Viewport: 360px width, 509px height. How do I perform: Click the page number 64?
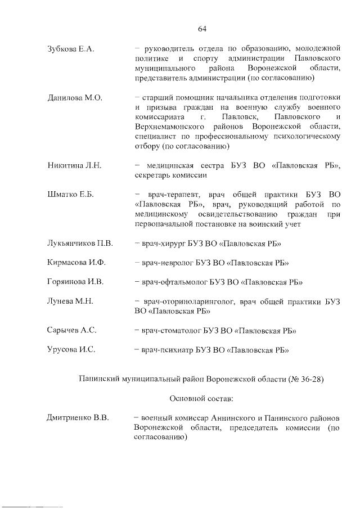[x=202, y=29]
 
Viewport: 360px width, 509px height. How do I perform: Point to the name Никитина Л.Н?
[x=74, y=165]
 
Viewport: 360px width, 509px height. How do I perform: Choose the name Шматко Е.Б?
[x=70, y=195]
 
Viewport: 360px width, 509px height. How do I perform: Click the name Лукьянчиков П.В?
[x=80, y=243]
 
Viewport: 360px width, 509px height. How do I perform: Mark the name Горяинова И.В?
[x=76, y=281]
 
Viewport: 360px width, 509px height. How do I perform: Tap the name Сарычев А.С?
[x=72, y=330]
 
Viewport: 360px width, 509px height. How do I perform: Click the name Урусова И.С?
[x=71, y=349]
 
